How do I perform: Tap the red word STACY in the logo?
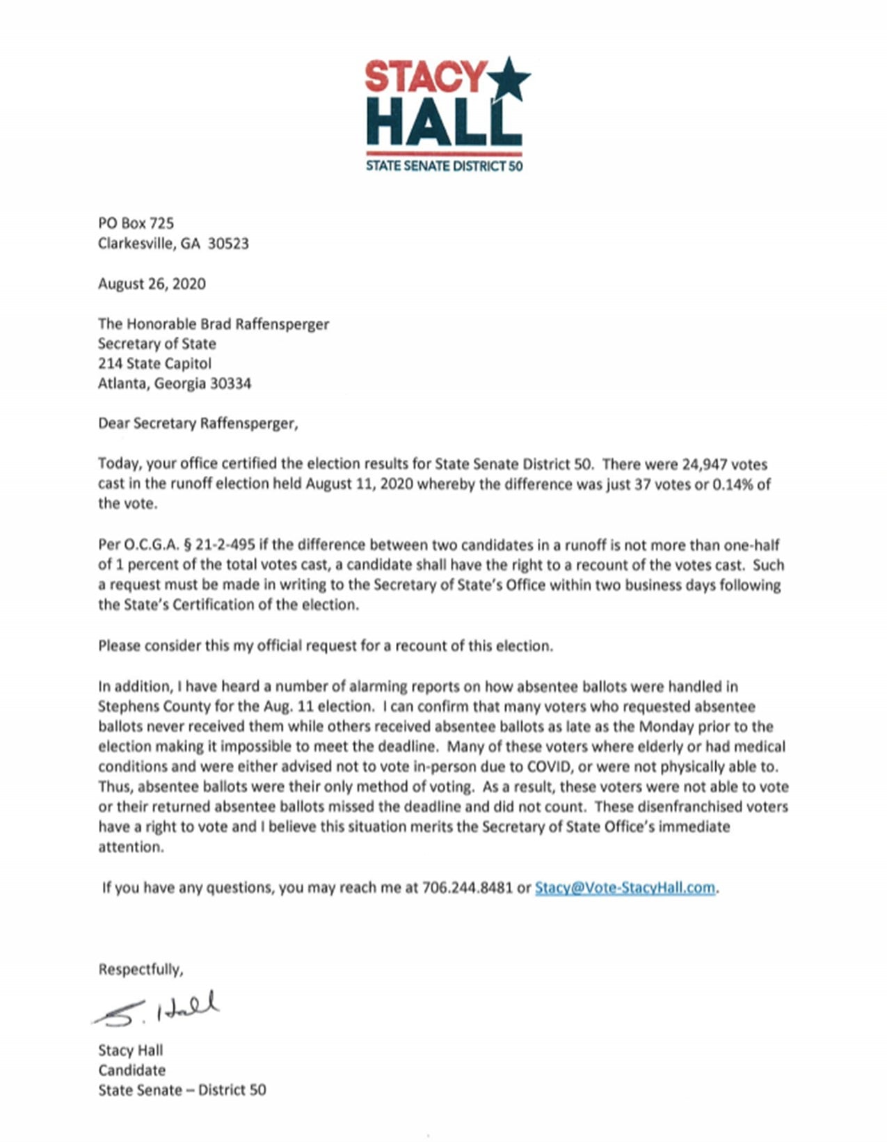point(425,77)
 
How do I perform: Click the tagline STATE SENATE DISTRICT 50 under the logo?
point(444,166)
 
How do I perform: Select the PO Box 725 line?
point(136,223)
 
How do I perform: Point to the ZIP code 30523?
point(228,244)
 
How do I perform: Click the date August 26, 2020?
point(152,284)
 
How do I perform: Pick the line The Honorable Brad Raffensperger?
point(213,324)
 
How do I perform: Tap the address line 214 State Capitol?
point(154,363)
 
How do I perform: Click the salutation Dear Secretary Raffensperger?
point(198,424)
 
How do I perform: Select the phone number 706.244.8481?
point(467,888)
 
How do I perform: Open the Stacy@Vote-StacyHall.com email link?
point(625,888)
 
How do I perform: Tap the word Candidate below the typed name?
point(131,1070)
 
